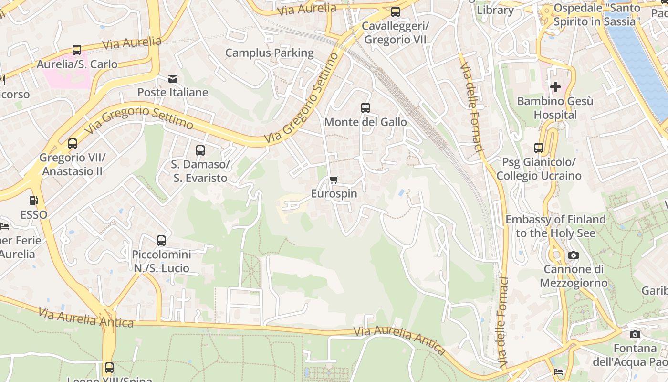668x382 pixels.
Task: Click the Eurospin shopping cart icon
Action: click(334, 180)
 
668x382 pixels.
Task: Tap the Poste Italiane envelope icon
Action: click(173, 78)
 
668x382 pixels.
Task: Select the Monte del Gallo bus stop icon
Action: click(365, 108)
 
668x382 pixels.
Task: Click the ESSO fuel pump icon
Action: click(33, 201)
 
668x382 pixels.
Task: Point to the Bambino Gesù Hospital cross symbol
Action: click(555, 87)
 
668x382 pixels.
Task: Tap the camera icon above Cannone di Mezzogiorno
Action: click(574, 255)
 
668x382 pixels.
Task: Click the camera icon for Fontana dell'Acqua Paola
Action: click(635, 334)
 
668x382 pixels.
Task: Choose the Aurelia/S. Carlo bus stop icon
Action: click(77, 50)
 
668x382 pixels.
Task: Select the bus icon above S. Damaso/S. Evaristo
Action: click(200, 150)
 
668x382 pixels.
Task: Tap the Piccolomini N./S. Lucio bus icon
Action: click(161, 240)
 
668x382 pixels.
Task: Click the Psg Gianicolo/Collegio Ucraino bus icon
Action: click(539, 148)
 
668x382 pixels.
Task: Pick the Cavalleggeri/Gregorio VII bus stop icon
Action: click(395, 12)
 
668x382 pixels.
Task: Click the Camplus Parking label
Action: click(269, 53)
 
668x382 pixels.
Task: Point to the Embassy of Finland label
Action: click(555, 226)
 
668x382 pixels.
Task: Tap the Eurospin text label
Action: click(334, 194)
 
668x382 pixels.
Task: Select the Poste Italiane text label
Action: click(173, 92)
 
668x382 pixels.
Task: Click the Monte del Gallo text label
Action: click(365, 122)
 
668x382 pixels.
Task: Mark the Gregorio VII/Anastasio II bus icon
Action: click(73, 144)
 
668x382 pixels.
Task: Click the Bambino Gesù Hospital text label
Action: click(555, 108)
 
